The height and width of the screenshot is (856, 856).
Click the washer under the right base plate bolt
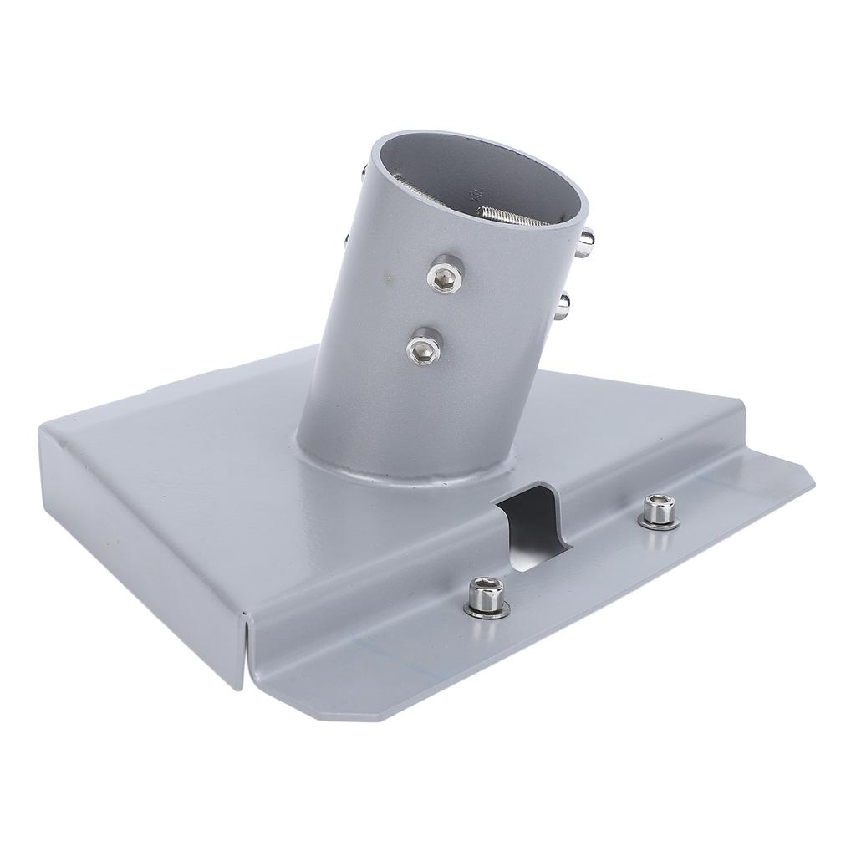click(657, 522)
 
